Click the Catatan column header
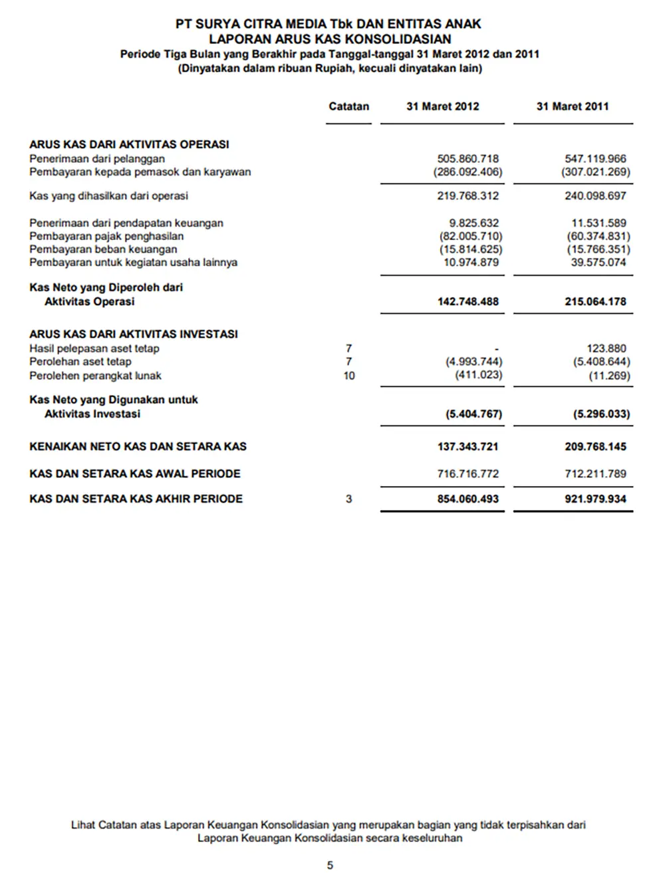coord(348,106)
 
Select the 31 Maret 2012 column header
coord(442,106)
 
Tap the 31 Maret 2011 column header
coord(572,106)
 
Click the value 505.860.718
coord(467,159)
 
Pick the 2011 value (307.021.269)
coord(595,172)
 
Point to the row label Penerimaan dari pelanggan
coord(97,159)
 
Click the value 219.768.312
coord(467,196)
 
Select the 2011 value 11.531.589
coord(598,223)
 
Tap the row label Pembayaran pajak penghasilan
coord(106,236)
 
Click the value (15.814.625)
coord(470,249)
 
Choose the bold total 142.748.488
coord(467,302)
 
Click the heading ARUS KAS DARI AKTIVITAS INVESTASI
coord(134,334)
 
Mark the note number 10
coord(349,376)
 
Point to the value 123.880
coord(606,348)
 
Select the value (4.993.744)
coord(473,362)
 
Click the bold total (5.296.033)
coord(601,414)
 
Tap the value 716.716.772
coord(467,474)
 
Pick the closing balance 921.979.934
coord(595,499)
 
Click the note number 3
coord(349,499)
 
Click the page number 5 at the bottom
coord(330,865)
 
